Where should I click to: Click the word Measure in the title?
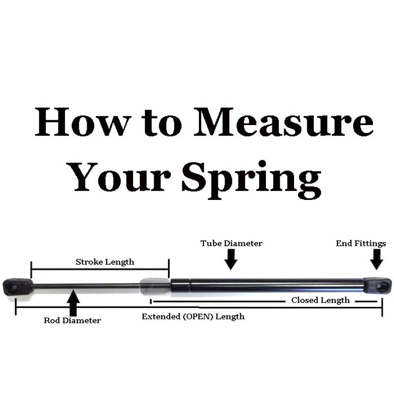tap(284, 122)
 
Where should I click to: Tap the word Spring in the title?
tap(252, 180)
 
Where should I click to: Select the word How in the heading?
tap(83, 122)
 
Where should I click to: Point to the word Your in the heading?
tap(120, 177)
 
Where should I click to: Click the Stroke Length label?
tap(105, 262)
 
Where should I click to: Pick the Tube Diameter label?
tap(231, 243)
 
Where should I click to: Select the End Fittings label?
tap(361, 243)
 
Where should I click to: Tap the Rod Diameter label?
tap(72, 321)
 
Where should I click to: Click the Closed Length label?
tap(321, 300)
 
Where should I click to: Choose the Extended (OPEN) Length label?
tap(193, 316)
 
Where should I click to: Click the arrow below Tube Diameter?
tap(231, 260)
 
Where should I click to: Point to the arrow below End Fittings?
tap(377, 260)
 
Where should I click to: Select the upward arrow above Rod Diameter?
tap(73, 303)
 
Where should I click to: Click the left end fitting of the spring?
tap(18, 287)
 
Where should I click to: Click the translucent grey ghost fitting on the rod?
tap(155, 286)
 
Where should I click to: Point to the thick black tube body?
tap(267, 286)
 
